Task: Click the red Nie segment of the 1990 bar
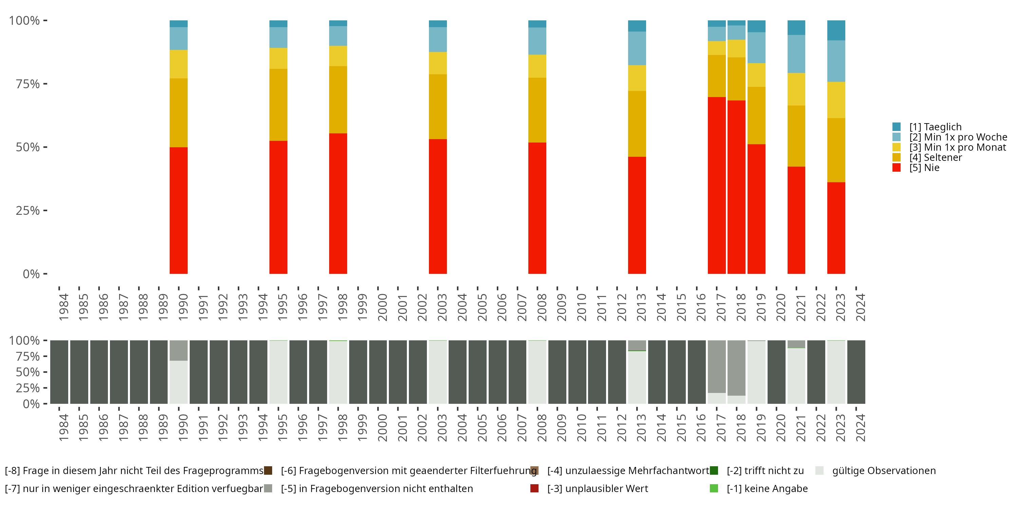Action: [178, 210]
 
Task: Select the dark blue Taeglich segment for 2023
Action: [836, 31]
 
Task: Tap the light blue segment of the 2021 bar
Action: [796, 54]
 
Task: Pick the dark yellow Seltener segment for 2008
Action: [538, 110]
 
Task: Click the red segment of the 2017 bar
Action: [717, 185]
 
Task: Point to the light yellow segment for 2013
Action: [637, 78]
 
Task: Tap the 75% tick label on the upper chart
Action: [28, 84]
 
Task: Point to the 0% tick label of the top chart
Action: [31, 274]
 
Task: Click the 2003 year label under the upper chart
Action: [442, 307]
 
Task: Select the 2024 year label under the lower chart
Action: [861, 428]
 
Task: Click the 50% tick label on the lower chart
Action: [28, 372]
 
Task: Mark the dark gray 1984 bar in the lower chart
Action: [59, 372]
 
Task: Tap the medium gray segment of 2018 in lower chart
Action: [737, 368]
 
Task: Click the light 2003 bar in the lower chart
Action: [438, 372]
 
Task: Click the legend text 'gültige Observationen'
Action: [884, 471]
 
